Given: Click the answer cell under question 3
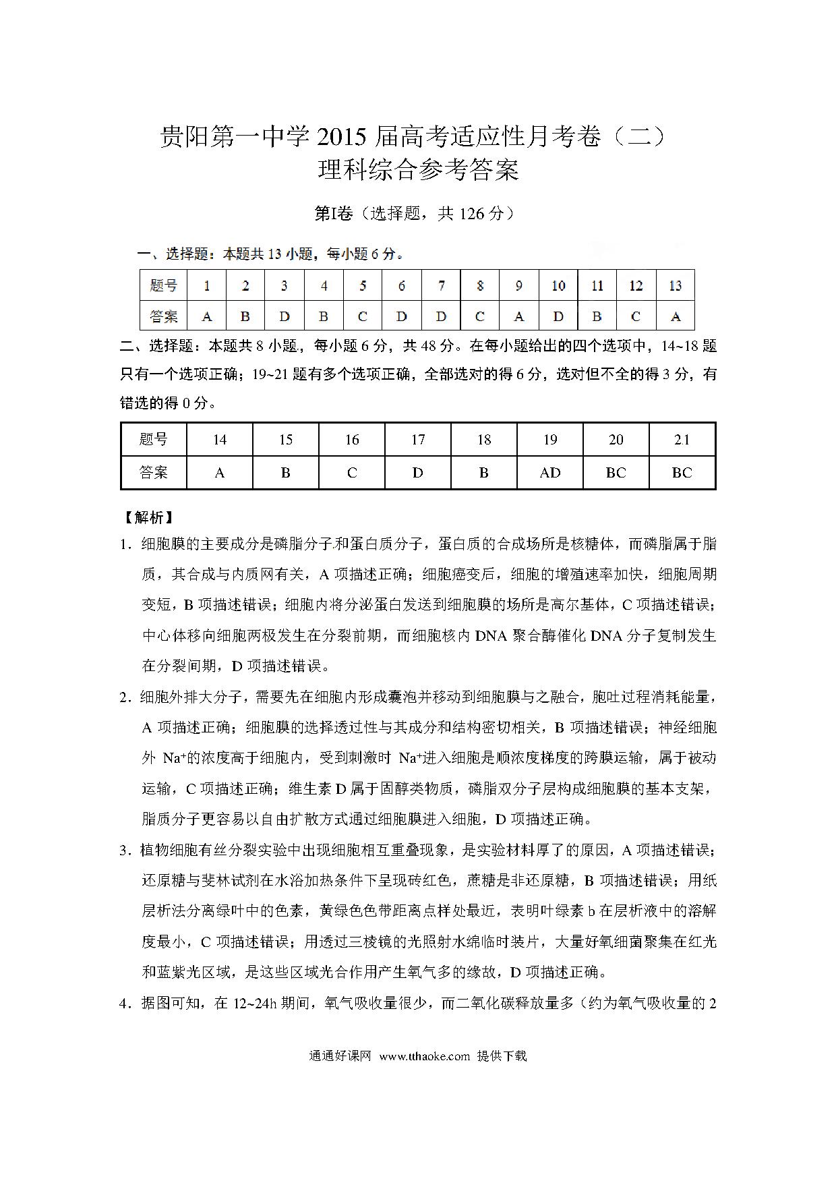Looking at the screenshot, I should tap(285, 316).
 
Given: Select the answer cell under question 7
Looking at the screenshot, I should tap(441, 316).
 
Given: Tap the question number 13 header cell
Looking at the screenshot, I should tap(675, 286).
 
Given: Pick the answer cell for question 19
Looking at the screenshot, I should tap(550, 473).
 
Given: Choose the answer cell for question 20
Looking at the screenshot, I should tap(616, 473).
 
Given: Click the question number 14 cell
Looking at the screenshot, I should tap(219, 440).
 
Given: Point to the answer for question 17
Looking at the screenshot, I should tap(418, 473).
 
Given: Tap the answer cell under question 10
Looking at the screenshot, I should tap(558, 316).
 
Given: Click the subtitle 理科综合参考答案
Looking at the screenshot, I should tap(418, 170).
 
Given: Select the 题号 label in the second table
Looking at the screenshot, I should tap(154, 440).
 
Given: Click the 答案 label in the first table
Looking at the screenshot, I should tap(164, 316).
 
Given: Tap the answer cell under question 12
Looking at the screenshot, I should tap(636, 316).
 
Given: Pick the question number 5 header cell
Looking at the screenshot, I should tap(363, 286).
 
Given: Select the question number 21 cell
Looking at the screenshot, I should tap(682, 440).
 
